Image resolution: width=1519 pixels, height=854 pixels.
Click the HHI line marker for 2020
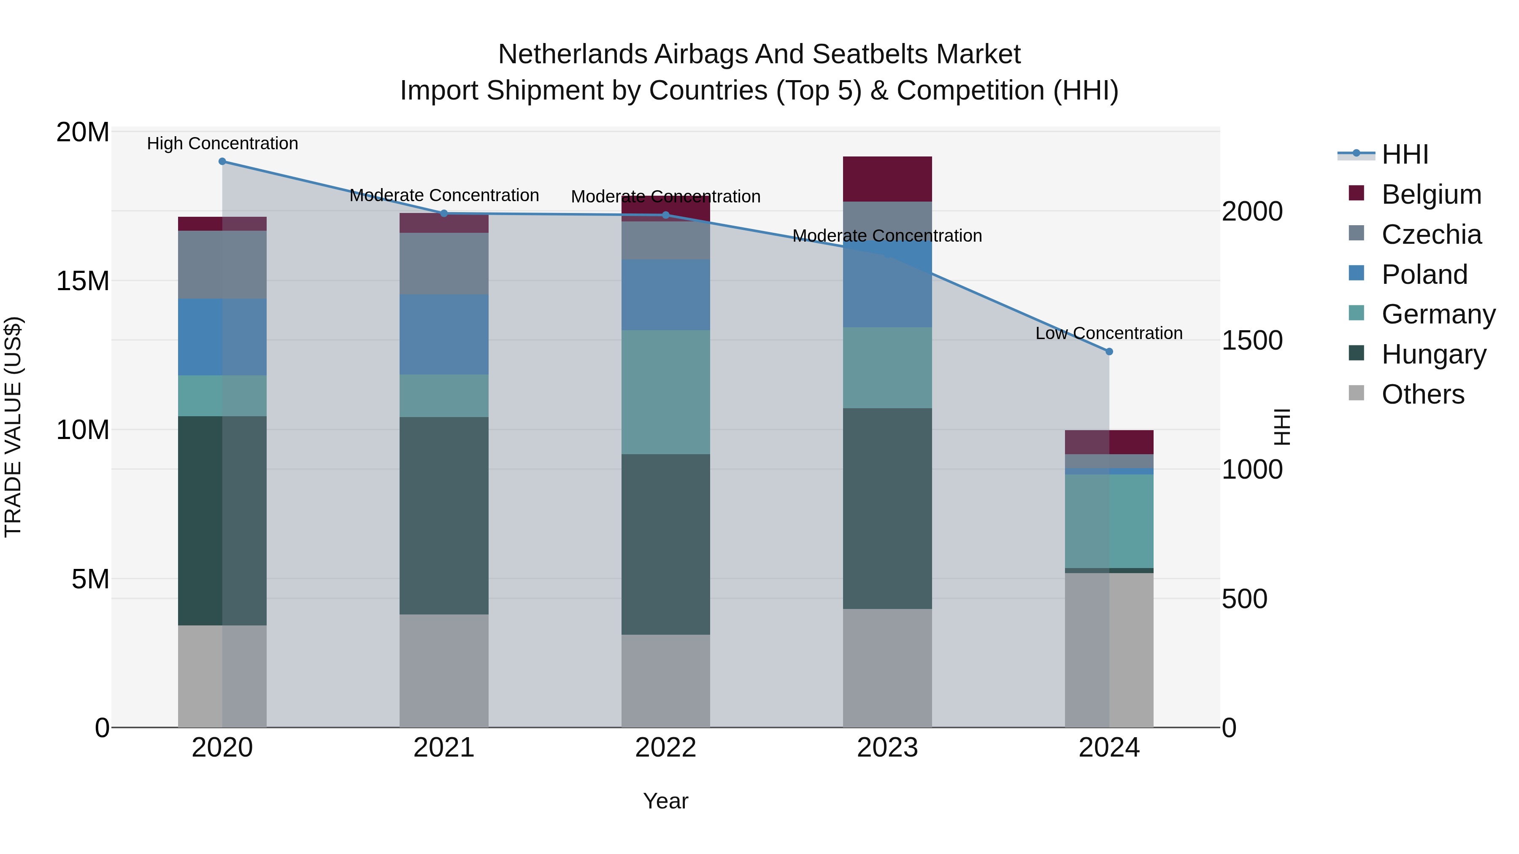[x=222, y=162]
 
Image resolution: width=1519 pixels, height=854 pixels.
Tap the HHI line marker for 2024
[x=1109, y=351]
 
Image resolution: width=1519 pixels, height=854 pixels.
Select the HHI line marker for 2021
[x=444, y=213]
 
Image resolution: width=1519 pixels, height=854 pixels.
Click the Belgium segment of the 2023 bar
[x=887, y=179]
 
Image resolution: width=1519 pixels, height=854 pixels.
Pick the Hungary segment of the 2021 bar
[x=444, y=516]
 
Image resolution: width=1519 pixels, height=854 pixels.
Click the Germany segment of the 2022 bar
[x=666, y=392]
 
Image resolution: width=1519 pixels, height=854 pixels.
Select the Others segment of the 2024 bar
[x=1109, y=649]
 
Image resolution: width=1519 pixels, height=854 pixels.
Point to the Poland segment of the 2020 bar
[x=222, y=337]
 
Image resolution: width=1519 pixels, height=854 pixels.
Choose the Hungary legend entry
[x=1433, y=354]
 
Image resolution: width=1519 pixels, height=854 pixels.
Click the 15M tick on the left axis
[x=83, y=281]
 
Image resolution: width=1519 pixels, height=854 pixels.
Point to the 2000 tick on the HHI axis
[x=1252, y=212]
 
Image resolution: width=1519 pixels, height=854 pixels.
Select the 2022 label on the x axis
[x=666, y=748]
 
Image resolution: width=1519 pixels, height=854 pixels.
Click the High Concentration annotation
[x=222, y=143]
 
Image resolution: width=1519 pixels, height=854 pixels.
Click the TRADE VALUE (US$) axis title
[x=13, y=427]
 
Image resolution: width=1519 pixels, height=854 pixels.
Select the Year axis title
[x=666, y=801]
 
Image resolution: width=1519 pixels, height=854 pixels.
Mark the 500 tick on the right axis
[x=1244, y=599]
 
